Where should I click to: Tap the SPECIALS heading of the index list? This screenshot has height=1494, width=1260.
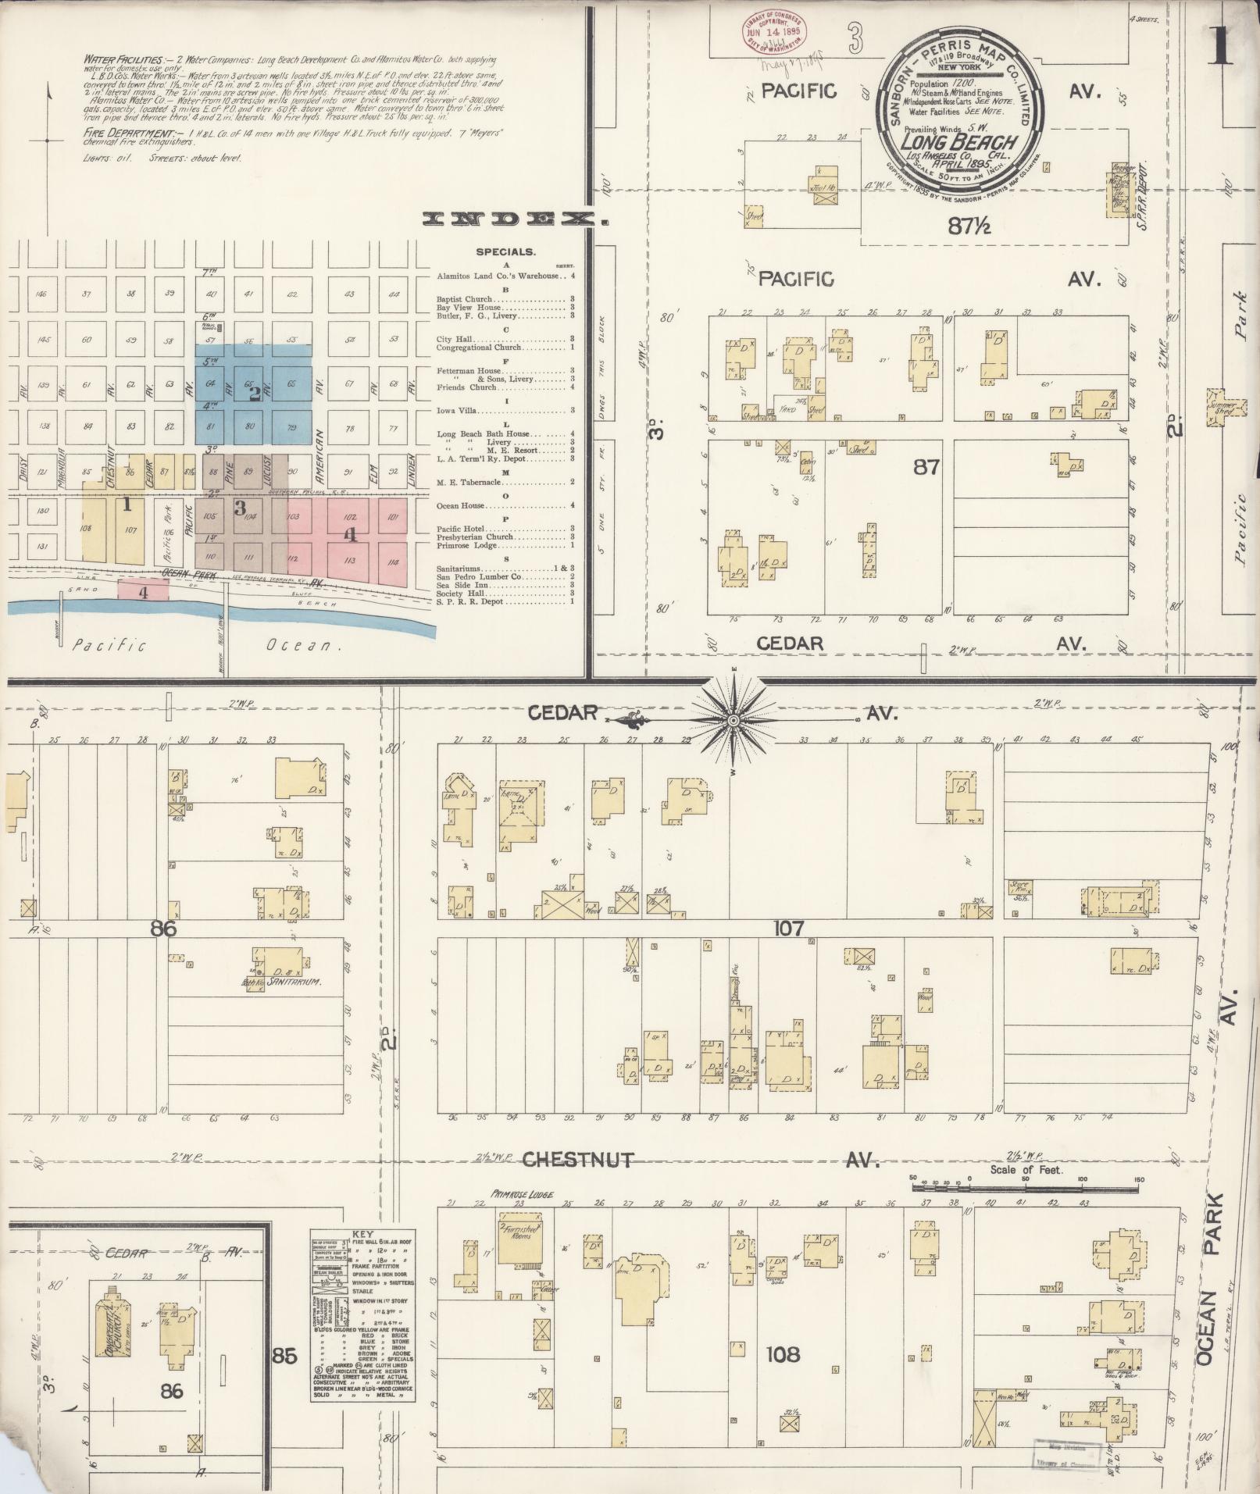(505, 252)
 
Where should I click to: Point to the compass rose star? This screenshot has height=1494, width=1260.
(734, 719)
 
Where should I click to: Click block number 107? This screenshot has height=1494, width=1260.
(788, 929)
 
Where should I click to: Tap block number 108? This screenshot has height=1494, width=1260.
(783, 1353)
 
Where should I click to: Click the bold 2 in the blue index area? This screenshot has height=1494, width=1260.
(254, 394)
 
